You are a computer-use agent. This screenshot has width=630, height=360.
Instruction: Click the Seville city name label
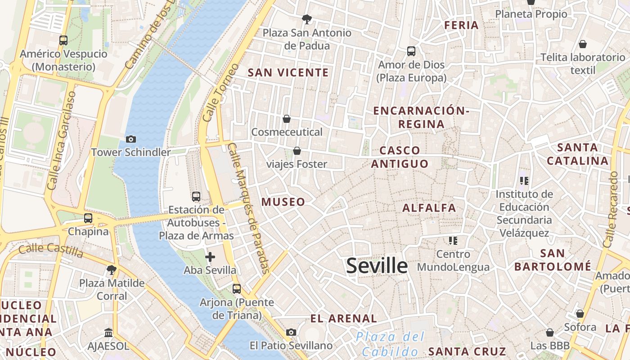point(377,266)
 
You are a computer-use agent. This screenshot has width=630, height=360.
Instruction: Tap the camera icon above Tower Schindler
point(131,139)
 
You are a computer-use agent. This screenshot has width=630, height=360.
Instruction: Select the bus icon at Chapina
point(88,218)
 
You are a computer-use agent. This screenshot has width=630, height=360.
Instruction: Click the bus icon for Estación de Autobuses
point(196,197)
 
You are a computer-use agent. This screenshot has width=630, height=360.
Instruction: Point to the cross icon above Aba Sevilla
point(210,257)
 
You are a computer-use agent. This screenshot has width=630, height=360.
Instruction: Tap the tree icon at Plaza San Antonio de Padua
point(307,19)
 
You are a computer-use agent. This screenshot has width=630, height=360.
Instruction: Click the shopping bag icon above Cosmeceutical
point(287,119)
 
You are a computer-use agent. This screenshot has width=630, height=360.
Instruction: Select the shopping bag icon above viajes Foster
point(297,151)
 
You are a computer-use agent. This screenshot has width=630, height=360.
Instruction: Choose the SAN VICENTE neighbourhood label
point(288,72)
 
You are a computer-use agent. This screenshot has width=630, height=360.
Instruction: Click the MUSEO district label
point(283,202)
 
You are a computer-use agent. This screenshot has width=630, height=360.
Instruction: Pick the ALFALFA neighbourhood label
point(429,208)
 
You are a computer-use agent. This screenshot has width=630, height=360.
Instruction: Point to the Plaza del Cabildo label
point(390,344)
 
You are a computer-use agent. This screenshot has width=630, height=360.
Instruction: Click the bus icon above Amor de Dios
point(411,51)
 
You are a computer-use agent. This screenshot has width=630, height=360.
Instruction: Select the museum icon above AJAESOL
point(108,333)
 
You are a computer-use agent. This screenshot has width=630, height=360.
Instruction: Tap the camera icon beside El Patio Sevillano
point(291,333)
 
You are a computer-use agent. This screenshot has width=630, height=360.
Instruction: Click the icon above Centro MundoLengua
point(453,241)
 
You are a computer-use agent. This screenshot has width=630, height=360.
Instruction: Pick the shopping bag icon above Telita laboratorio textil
point(583,44)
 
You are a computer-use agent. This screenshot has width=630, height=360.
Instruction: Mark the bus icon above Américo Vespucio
point(63,40)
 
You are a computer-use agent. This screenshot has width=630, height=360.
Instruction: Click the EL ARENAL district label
point(343,319)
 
